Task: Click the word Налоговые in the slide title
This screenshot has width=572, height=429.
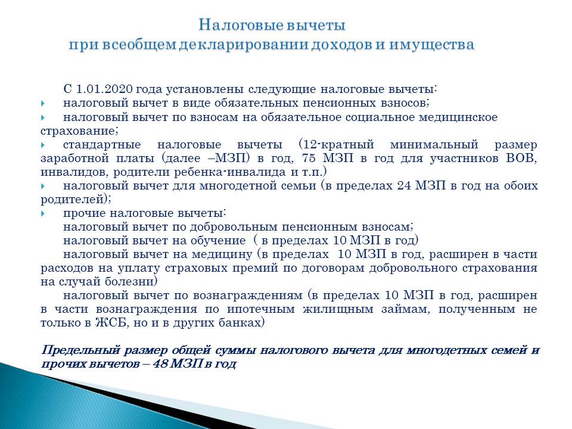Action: (241, 25)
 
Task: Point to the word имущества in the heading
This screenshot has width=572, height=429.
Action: (431, 45)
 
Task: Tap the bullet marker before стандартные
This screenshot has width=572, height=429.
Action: (43, 145)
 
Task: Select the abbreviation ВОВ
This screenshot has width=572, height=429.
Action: (521, 158)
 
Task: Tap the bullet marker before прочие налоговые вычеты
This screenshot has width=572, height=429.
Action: (43, 213)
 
